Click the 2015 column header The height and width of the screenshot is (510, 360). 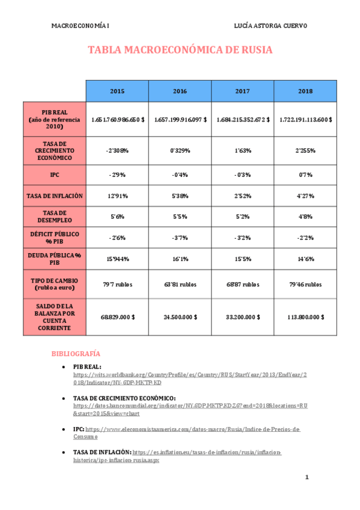[117, 91]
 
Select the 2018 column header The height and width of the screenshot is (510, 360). [305, 91]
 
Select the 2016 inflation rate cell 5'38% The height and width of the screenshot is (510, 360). [180, 195]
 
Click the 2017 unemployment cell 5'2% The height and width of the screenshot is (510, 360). [242, 216]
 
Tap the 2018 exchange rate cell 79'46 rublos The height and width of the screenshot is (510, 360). [305, 284]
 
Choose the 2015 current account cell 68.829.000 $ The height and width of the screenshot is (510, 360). [117, 316]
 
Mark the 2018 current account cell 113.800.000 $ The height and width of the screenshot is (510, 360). [305, 316]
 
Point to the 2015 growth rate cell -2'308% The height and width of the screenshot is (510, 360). [117, 150]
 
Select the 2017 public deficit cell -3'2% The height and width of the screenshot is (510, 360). [242, 237]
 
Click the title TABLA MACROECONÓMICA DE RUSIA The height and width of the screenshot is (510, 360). [180, 50]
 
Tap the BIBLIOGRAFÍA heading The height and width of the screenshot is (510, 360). [75, 354]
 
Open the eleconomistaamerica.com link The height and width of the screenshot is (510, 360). [192, 429]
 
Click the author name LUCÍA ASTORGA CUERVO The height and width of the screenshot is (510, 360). [270, 26]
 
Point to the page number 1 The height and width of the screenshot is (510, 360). [307, 478]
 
